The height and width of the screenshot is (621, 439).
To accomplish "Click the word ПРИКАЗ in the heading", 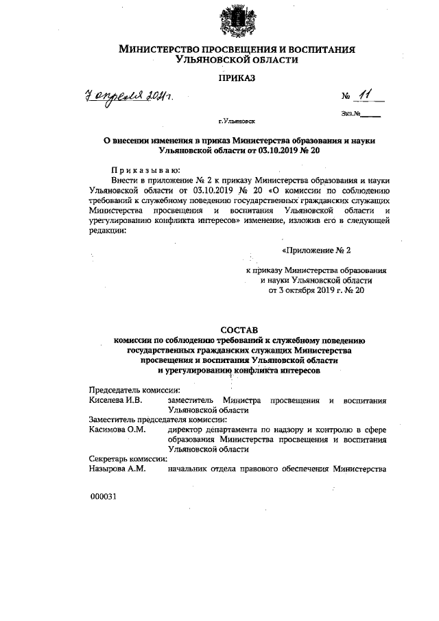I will [237, 80].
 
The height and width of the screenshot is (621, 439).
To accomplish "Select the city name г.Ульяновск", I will [237, 121].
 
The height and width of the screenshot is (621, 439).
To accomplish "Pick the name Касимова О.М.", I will [117, 430].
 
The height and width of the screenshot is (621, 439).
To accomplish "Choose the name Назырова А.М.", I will [117, 469].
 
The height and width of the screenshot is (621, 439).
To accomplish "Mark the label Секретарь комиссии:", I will [128, 459].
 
